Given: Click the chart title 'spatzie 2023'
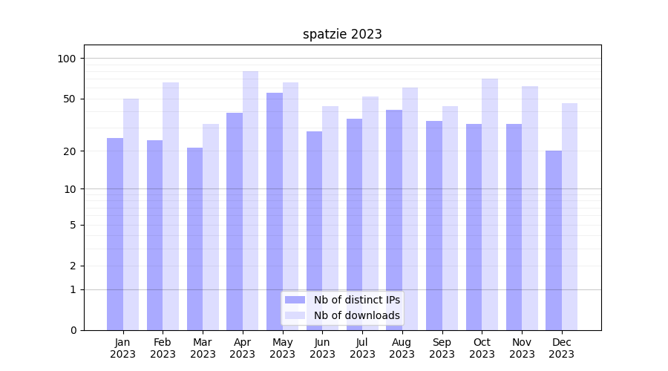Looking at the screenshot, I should [342, 34].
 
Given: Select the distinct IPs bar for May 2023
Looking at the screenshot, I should [275, 211].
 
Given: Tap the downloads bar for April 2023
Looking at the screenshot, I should [251, 200].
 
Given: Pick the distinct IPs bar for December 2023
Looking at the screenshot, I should [554, 240].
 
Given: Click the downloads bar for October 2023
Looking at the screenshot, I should [490, 204].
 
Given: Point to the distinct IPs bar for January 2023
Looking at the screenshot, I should [115, 234].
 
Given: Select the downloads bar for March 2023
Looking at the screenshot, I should [211, 227].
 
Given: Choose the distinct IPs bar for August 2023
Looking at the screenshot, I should [394, 220].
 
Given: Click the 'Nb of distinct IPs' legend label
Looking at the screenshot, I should [357, 300].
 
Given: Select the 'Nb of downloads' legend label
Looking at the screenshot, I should [357, 315].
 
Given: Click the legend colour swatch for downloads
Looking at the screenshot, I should [295, 315].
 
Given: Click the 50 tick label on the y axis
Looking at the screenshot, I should [70, 99].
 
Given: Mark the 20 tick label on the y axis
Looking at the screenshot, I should [70, 151].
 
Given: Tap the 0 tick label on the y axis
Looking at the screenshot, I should [73, 330].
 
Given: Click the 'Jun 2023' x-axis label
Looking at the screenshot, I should [322, 348].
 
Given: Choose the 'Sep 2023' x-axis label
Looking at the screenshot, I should [442, 348].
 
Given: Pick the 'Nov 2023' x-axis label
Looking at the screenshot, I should [522, 348].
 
